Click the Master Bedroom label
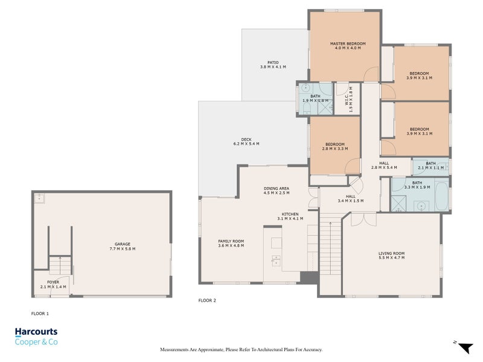348,43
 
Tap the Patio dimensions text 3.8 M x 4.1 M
273,67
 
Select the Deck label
246,139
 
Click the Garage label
123,244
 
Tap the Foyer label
53,282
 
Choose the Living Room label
391,253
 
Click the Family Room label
231,241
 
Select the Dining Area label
277,188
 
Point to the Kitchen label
290,214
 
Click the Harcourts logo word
36,331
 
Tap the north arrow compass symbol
465,348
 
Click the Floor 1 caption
40,314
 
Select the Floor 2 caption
207,300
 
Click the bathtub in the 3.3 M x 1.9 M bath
442,196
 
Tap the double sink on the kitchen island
276,261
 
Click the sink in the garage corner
39,198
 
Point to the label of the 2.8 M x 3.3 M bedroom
335,144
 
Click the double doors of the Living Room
363,219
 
